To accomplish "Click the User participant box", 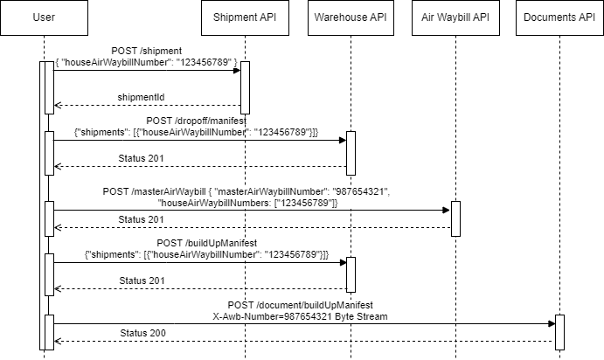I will (x=44, y=17).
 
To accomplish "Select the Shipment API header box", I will (x=245, y=17).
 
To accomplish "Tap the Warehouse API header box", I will (x=350, y=17).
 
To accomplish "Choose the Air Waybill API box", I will (x=455, y=17).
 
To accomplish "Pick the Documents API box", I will (x=559, y=17).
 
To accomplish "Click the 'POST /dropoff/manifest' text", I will (x=197, y=120).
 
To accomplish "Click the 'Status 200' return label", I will (x=142, y=333).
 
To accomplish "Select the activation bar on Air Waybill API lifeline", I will (x=455, y=218).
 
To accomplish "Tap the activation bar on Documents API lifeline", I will (x=559, y=332).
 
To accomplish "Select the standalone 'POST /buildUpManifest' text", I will (x=206, y=242).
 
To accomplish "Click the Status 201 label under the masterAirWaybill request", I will (x=142, y=218).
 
